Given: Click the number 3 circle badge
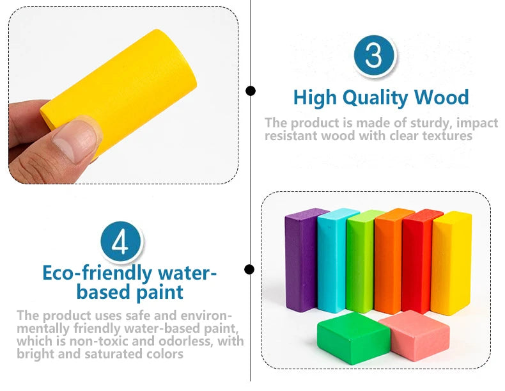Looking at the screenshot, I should pyautogui.click(x=374, y=56).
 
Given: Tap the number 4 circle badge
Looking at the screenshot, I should pyautogui.click(x=121, y=243).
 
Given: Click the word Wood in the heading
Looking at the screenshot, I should pyautogui.click(x=441, y=98).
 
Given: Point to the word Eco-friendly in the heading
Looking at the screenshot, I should pyautogui.click(x=97, y=273).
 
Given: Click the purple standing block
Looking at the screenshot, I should pyautogui.click(x=299, y=259).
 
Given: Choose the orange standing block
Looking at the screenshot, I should pyautogui.click(x=389, y=259).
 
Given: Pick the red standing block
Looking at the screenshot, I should pyautogui.click(x=416, y=259).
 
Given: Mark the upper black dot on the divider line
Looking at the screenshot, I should pyautogui.click(x=250, y=91).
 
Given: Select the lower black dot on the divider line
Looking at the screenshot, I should pyautogui.click(x=250, y=269).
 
